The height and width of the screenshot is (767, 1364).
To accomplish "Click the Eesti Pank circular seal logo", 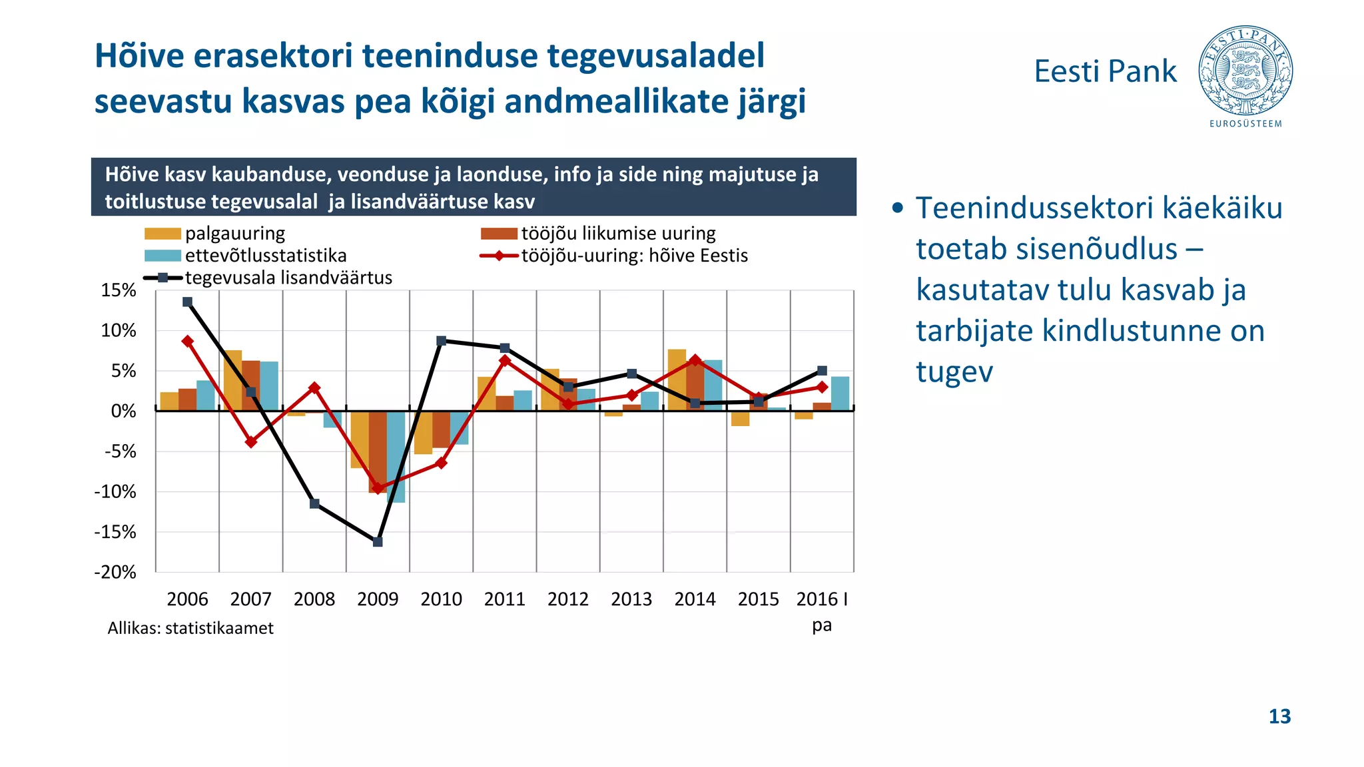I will (1245, 71).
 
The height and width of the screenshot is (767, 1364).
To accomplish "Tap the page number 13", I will (1279, 716).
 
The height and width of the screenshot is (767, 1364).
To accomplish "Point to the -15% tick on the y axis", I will (116, 532).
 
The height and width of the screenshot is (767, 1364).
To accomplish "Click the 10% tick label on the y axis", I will (119, 331).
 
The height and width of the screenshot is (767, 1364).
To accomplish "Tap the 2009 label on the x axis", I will (378, 599).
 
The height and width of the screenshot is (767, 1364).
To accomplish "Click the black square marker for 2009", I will (378, 542).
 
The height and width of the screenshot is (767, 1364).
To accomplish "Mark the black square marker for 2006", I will (188, 302).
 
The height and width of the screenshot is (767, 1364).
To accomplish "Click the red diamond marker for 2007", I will (251, 442).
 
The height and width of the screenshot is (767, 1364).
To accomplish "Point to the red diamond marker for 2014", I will (695, 360).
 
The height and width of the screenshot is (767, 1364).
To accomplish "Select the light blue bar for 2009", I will (396, 457).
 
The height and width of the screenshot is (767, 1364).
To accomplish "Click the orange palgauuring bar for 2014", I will (677, 380).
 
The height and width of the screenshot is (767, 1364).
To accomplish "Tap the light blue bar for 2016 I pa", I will (840, 393).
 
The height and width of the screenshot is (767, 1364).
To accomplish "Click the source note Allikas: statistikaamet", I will (190, 628).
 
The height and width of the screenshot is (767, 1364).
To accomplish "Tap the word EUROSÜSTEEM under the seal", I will (1245, 124).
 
